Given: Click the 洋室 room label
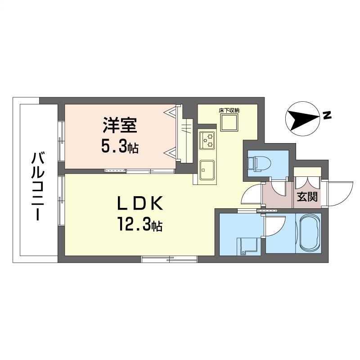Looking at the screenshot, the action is pyautogui.click(x=120, y=126).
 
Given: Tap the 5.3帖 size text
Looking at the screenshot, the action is pyautogui.click(x=120, y=148).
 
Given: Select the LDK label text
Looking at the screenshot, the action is pyautogui.click(x=140, y=203).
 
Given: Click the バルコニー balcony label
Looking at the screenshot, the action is pyautogui.click(x=37, y=186).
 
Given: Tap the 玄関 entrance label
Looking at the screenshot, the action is pyautogui.click(x=307, y=197).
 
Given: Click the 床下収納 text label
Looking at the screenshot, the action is pyautogui.click(x=229, y=110).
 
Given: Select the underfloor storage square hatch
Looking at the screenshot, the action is pyautogui.click(x=229, y=122).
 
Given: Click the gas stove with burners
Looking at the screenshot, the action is pyautogui.click(x=207, y=140).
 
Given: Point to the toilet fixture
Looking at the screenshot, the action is pyautogui.click(x=259, y=164).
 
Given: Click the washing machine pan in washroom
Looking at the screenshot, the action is pyautogui.click(x=248, y=246).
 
